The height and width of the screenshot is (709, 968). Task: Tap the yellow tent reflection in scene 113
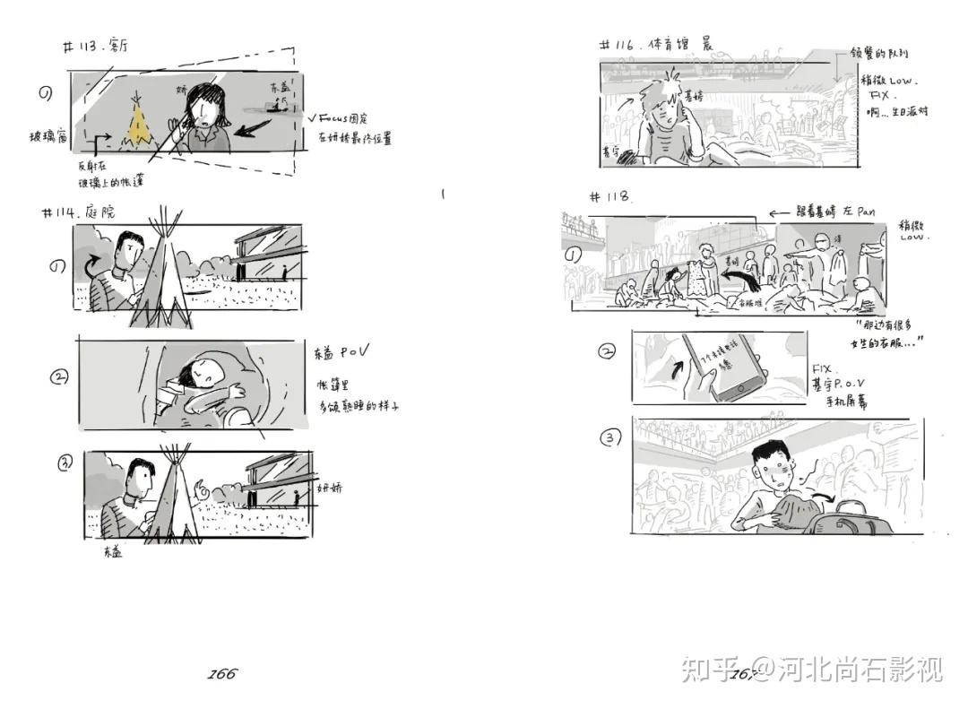(x=139, y=127)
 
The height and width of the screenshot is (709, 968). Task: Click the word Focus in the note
(x=337, y=118)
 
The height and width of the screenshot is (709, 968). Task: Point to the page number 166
(x=222, y=674)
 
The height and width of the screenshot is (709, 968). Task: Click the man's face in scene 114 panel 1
(x=132, y=252)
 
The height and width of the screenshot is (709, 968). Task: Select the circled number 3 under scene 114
(x=65, y=463)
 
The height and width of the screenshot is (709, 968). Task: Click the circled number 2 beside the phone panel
(x=608, y=351)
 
